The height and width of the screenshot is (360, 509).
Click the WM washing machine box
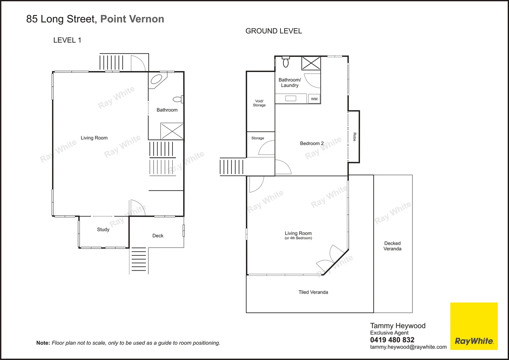click(x=314, y=99)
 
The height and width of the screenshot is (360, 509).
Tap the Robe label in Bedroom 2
click(x=355, y=137)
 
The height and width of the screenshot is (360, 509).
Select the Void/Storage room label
click(x=259, y=103)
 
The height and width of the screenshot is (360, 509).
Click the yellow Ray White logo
click(x=474, y=326)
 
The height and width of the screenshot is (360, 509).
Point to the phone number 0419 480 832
click(x=392, y=340)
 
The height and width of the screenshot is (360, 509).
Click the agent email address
click(x=408, y=347)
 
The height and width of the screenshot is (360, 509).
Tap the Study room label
click(x=103, y=230)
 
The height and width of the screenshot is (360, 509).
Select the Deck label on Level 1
click(x=158, y=236)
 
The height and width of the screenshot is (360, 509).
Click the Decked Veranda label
click(x=392, y=246)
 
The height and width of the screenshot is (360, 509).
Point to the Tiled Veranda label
click(x=313, y=292)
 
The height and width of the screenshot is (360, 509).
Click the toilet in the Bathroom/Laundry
click(x=286, y=62)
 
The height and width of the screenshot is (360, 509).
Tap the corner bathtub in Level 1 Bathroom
click(x=156, y=80)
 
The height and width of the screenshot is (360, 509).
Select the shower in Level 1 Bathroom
click(x=172, y=131)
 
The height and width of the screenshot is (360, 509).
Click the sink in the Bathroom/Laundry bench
click(x=291, y=98)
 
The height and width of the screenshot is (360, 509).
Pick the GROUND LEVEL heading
click(x=274, y=31)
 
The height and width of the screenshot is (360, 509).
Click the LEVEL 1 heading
click(x=67, y=40)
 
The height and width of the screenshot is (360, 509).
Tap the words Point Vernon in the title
click(x=132, y=19)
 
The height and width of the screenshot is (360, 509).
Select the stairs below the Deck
click(x=139, y=260)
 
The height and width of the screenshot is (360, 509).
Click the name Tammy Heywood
click(x=398, y=326)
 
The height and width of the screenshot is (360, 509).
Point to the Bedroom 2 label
click(x=312, y=143)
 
